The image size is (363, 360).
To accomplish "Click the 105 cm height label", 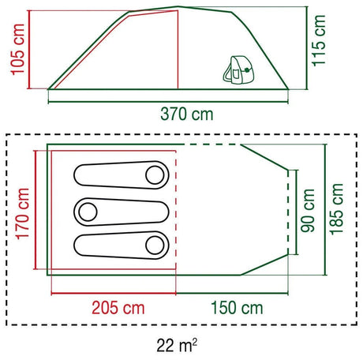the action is coord(17,49).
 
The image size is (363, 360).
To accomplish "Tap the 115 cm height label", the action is coord(319,40).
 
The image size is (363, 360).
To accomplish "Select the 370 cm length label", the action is coord(187,114).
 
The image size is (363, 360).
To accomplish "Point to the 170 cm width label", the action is coord(23,214).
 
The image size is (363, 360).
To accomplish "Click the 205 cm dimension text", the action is coord(118,308).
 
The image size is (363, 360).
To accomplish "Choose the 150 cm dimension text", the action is coord(237,308).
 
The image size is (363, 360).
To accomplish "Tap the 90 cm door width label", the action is coord(308,211).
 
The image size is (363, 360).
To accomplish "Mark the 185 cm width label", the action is coord(337,209).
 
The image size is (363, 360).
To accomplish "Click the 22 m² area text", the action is coord(177,345).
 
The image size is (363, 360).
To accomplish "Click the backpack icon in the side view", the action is coord(239,69).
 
